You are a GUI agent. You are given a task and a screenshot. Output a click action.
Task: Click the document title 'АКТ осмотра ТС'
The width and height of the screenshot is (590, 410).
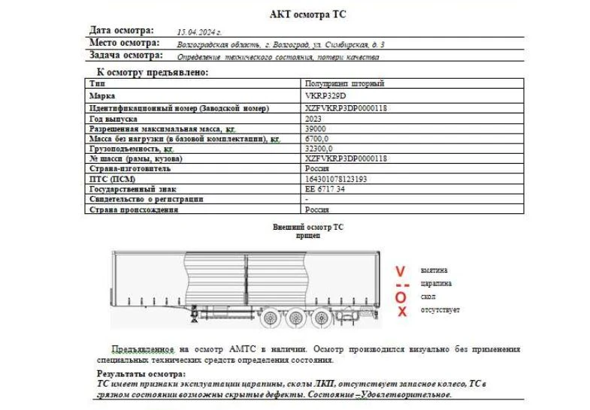(308, 14)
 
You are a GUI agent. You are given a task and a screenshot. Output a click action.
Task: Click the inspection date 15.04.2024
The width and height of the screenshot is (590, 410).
(199, 32)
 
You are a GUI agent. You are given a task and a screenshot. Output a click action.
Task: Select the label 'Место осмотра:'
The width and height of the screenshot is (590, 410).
(125, 43)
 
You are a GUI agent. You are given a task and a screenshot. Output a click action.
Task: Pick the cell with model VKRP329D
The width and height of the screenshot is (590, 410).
(326, 96)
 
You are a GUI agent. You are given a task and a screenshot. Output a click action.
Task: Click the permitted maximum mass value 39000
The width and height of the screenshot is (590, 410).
(316, 129)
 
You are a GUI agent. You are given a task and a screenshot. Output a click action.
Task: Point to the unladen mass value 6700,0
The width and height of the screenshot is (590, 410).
(317, 139)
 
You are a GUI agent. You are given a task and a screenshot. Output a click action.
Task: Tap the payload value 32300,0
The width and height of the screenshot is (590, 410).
(319, 149)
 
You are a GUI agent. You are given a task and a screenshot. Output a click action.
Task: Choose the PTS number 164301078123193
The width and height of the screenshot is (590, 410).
(336, 179)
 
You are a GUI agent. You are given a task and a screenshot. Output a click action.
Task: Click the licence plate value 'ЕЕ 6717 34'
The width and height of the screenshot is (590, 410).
(325, 189)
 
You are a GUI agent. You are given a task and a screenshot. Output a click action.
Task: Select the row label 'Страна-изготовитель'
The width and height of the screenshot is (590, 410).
(124, 169)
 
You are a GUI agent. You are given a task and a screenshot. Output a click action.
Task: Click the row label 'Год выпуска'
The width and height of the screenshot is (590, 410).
(113, 119)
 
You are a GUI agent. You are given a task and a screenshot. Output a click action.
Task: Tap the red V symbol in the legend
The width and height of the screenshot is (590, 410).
(401, 270)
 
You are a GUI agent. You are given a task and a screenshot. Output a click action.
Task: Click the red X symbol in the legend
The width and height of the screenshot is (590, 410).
(402, 311)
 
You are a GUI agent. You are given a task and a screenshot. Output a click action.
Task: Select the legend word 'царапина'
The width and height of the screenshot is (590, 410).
(437, 284)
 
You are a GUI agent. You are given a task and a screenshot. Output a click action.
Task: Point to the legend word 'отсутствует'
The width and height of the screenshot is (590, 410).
(440, 310)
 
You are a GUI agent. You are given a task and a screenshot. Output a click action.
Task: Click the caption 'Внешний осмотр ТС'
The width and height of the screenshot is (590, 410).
(307, 225)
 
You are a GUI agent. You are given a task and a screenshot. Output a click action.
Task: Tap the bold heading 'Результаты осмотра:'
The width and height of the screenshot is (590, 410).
(141, 374)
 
